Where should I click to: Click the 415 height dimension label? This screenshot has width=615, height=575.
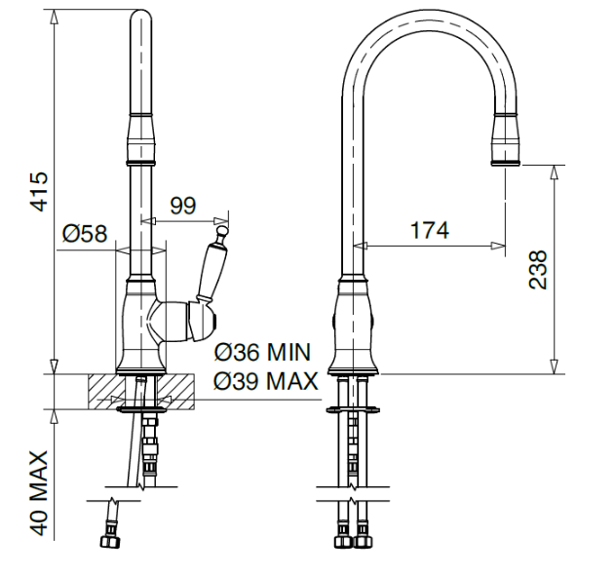[39, 191]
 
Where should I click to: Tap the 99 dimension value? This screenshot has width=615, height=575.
[182, 205]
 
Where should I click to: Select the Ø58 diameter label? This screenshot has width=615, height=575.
[85, 233]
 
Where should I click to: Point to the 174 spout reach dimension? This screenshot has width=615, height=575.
[429, 230]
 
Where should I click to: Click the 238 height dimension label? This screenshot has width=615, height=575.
[537, 269]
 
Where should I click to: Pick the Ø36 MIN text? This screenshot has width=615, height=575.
[262, 352]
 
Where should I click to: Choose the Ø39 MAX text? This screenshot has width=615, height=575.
[265, 380]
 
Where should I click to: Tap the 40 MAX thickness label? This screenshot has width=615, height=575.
[39, 493]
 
